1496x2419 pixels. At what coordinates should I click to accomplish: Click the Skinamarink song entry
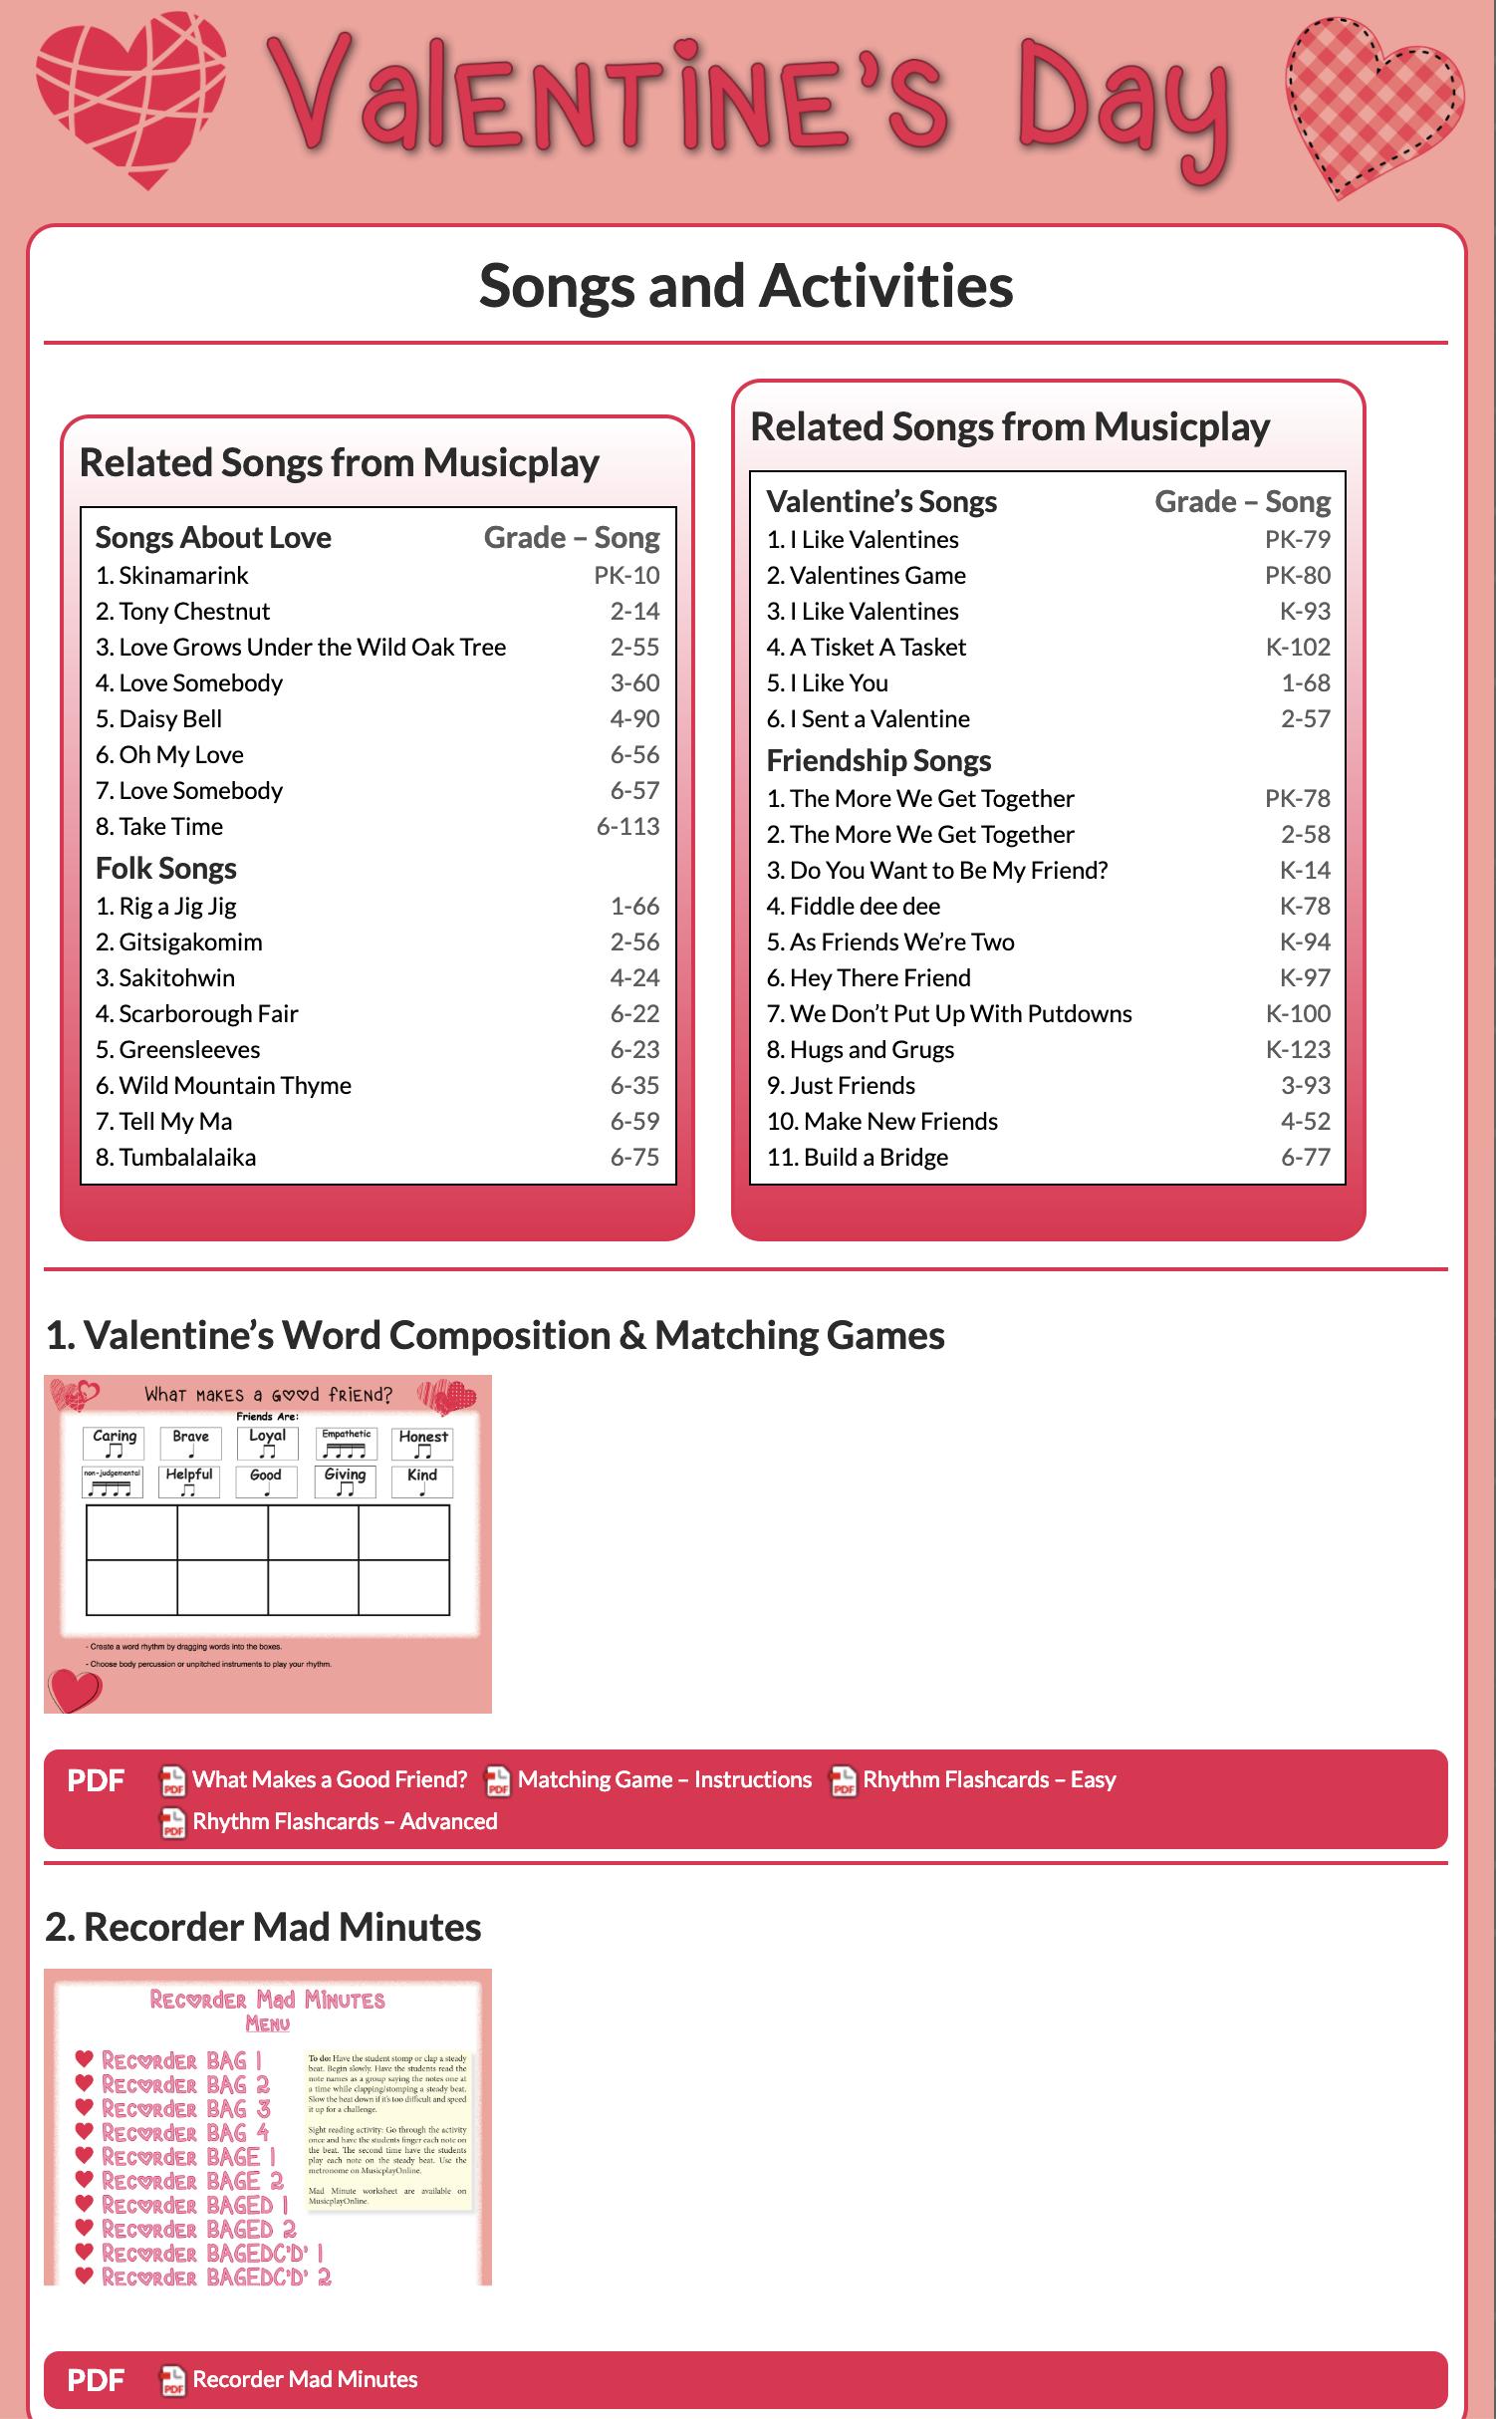tap(172, 576)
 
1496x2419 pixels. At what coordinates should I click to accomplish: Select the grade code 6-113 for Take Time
tap(627, 827)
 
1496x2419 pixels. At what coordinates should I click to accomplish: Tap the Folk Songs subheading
tap(166, 869)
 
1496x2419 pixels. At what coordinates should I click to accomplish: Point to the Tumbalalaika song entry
tap(176, 1158)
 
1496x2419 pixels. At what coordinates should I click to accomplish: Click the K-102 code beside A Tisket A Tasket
tap(1298, 648)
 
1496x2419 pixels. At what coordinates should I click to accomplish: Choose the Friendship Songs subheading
tap(878, 761)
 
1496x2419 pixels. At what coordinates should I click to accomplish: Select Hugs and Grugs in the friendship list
tap(861, 1050)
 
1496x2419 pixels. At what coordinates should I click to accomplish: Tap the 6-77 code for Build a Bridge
tap(1305, 1158)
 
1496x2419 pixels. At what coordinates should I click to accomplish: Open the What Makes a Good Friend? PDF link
tap(329, 1779)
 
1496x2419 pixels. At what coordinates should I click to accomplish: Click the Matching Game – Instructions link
tap(664, 1779)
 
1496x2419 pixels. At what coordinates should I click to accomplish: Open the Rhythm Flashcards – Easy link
tap(989, 1779)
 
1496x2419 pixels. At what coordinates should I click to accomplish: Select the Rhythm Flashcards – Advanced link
tap(345, 1821)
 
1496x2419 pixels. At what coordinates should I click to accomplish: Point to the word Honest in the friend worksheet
tap(423, 1437)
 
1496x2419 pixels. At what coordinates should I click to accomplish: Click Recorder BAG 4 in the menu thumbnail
tap(185, 2133)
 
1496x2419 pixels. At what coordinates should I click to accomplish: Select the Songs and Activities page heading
tap(746, 286)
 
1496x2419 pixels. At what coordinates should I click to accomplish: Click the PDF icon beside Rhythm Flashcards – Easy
tap(843, 1780)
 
